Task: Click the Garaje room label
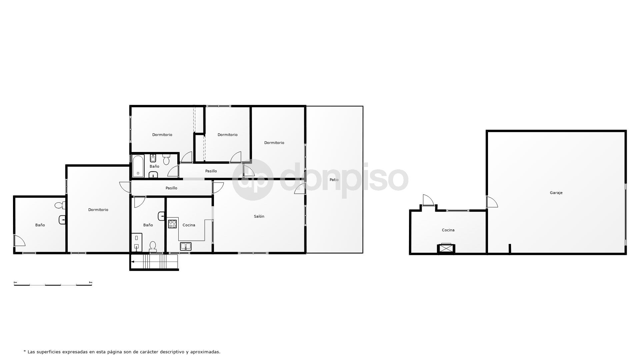coord(556,193)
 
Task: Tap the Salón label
coord(259,216)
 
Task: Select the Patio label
coord(334,180)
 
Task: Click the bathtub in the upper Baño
coord(138,166)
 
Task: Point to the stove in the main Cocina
coord(172,223)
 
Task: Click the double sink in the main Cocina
coord(186,246)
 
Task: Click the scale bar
coord(53,284)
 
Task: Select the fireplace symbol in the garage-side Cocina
coord(446,248)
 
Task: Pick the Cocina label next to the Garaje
coord(448,230)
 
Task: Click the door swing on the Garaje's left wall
coord(492,202)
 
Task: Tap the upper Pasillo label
coord(211,171)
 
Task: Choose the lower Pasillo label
coord(171,188)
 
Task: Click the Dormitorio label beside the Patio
coord(274,143)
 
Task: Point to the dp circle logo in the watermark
coord(253,180)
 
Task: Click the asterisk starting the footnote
coord(25,351)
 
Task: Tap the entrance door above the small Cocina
coord(428,200)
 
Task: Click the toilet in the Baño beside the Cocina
coord(153,246)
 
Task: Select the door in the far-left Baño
coord(19,241)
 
